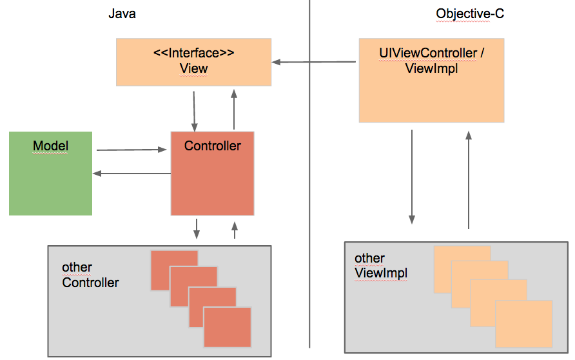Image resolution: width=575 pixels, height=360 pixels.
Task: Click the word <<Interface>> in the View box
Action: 193,52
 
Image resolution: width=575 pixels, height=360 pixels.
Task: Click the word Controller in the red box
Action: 212,146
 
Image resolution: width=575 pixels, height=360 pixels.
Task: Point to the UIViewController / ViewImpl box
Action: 431,90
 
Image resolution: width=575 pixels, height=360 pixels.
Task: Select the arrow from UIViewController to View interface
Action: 314,62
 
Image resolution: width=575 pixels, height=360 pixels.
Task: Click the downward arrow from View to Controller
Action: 194,110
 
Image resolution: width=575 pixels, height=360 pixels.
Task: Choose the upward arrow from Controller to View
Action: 234,110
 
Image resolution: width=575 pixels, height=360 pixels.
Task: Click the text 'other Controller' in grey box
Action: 90,275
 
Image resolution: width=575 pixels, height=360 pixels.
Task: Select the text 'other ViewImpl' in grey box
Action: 381,266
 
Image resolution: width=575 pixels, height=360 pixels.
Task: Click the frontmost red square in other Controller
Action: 227,327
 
